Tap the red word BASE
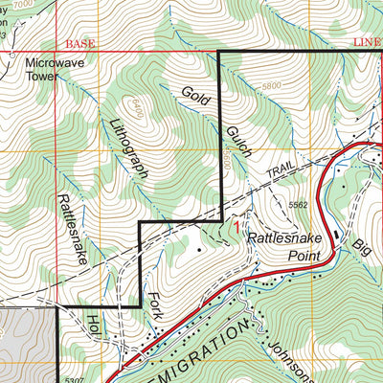click(x=81, y=44)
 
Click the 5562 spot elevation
click(x=298, y=204)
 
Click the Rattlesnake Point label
click(x=280, y=242)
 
